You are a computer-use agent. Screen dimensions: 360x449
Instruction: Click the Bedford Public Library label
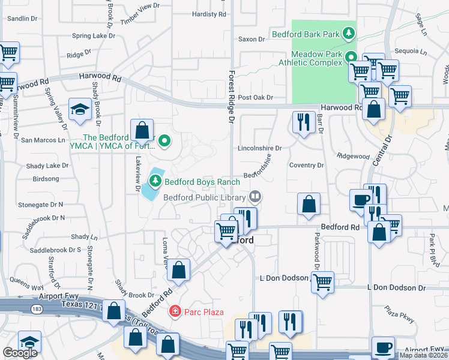pos(205,196)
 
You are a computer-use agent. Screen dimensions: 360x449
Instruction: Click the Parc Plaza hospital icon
pos(175,311)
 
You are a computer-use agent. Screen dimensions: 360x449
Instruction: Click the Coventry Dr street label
pos(306,165)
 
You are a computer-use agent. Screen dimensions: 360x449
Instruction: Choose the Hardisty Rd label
pos(209,14)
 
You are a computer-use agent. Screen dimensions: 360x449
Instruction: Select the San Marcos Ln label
pos(43,140)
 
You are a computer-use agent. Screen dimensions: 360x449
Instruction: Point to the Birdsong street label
pos(46,179)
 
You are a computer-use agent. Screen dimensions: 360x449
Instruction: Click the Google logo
pos(19,353)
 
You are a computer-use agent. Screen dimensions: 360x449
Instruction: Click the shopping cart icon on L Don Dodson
pos(323,282)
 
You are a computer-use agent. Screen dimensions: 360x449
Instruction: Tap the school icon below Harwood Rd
pos(80,109)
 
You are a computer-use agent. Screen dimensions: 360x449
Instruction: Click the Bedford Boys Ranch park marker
pos(155,180)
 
